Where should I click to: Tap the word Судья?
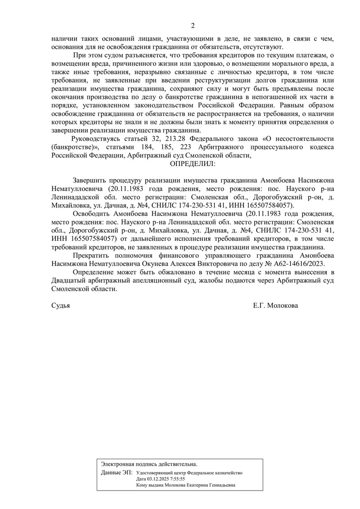tap(61, 305)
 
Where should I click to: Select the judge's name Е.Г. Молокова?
tap(275, 305)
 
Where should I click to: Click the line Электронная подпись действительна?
tap(149, 464)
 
